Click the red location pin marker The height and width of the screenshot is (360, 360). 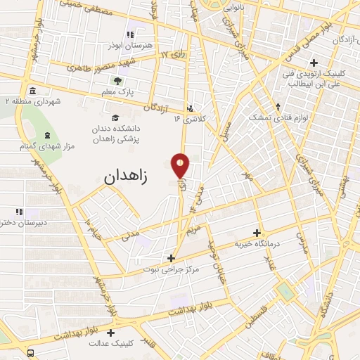point(181,166)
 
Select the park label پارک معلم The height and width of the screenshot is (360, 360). point(117,92)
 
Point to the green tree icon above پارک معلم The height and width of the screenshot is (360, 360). point(117,81)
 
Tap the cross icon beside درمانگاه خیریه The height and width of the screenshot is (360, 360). point(257,233)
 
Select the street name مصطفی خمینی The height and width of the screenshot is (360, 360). point(77,6)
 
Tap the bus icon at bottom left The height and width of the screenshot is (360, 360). point(31,352)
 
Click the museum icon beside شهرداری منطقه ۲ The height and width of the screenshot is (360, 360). point(33,91)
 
